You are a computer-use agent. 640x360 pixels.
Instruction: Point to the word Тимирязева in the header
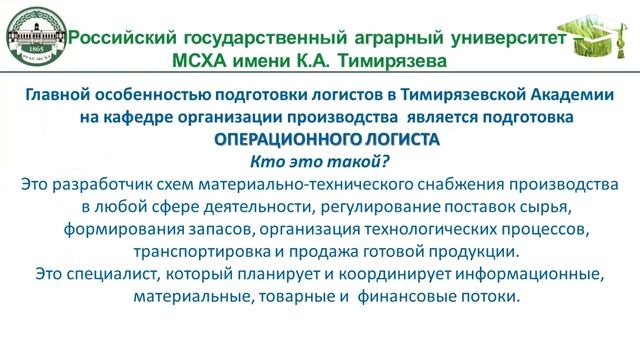(x=379, y=62)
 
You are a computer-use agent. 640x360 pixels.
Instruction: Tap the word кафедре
(x=147, y=118)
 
